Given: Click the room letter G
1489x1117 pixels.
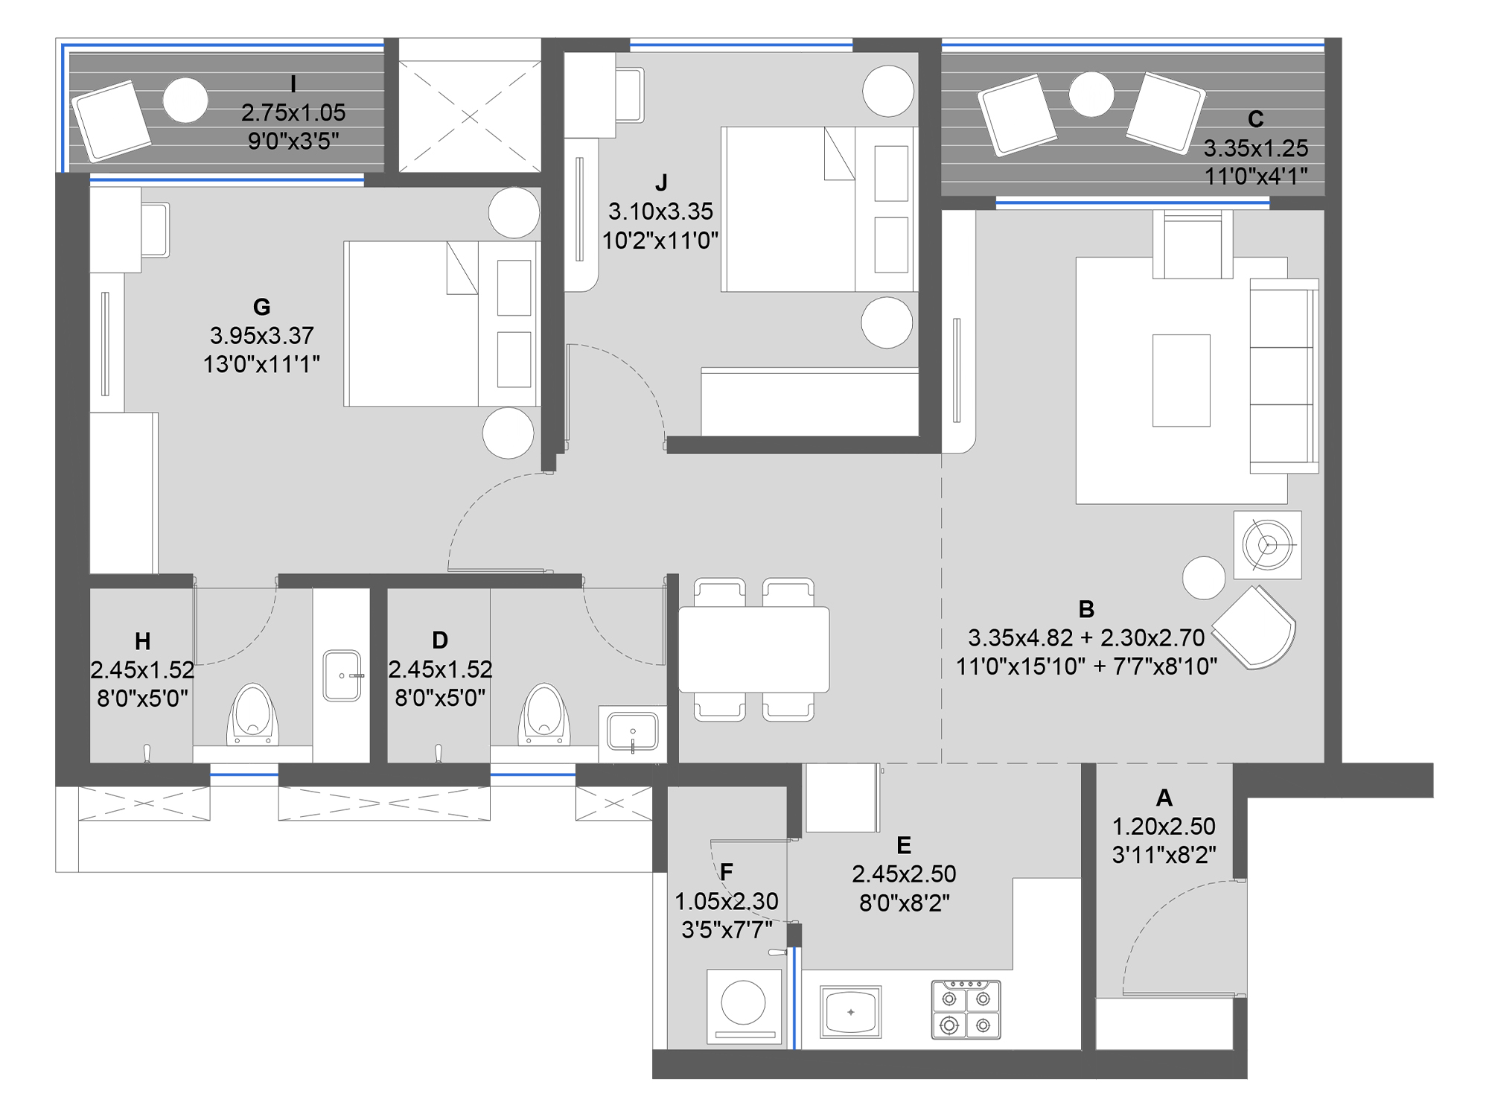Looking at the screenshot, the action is [x=261, y=307].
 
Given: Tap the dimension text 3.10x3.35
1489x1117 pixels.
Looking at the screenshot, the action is [x=660, y=211].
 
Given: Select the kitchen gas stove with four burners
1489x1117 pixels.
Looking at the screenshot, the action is [x=966, y=1010].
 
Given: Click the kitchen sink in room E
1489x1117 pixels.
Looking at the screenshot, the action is [x=850, y=1011].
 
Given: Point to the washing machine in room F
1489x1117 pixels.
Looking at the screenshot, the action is [x=744, y=1005].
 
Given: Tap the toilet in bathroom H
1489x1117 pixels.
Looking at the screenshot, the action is [x=252, y=715].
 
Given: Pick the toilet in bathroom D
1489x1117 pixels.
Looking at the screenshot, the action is [x=544, y=715].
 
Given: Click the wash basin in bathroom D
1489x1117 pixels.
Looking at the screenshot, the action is [x=633, y=732].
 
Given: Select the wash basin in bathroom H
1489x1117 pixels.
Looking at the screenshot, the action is [x=342, y=675].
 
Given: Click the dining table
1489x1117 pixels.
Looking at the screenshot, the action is [x=753, y=649].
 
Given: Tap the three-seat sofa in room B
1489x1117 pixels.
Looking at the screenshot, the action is [x=1284, y=376].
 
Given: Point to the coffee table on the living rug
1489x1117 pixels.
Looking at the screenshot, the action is [x=1181, y=381].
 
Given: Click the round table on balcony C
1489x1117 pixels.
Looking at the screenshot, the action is [x=1091, y=95].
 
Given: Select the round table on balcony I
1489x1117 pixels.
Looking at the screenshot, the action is [x=185, y=100].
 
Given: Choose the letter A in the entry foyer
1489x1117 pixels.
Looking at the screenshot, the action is [x=1164, y=798].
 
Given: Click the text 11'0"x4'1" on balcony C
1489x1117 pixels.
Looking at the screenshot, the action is [x=1256, y=176].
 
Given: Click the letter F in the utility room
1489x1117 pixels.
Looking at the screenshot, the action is [x=727, y=872].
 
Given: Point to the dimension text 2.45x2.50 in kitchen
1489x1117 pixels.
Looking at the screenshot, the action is [x=904, y=873].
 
